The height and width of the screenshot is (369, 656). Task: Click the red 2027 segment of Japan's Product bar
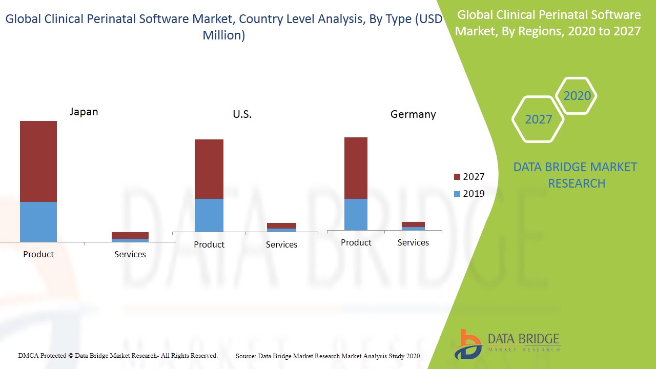[38, 161]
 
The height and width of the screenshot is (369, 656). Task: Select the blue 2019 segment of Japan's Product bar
[38, 221]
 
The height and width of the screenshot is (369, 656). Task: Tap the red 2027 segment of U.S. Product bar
[209, 169]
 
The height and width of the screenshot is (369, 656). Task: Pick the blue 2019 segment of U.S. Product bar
[209, 215]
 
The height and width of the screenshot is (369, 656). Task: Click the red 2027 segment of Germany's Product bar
[356, 168]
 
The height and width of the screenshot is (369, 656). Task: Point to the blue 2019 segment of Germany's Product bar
[356, 214]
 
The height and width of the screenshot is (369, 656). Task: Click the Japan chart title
[84, 112]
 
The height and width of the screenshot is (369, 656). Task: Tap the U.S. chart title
[242, 114]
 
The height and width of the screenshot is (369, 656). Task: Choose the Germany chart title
[413, 114]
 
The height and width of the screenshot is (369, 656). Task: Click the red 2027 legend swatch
[457, 177]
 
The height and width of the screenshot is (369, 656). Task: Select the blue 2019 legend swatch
[457, 194]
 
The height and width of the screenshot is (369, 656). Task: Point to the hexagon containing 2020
[577, 96]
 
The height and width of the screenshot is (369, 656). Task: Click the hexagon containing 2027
[538, 119]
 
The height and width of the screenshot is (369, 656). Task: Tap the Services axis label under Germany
[413, 242]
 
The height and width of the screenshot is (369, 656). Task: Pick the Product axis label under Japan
[38, 254]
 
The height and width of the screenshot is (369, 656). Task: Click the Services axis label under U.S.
[281, 244]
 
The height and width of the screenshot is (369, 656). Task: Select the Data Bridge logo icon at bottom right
[468, 343]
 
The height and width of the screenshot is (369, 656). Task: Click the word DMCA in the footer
[28, 355]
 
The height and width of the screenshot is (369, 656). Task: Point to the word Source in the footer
[245, 356]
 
